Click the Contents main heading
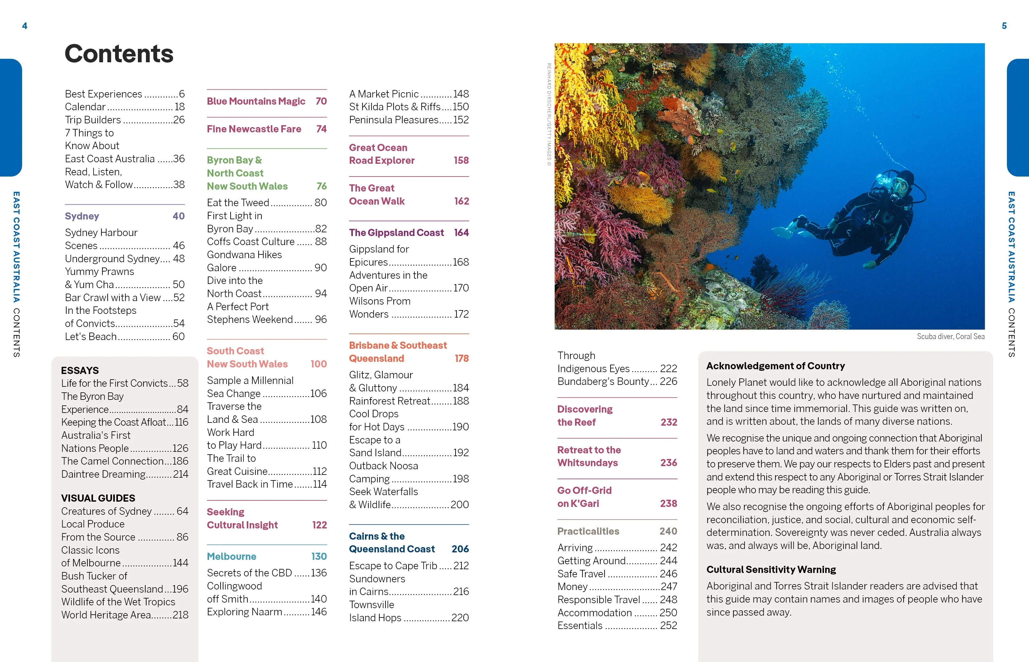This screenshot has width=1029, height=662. pyautogui.click(x=119, y=54)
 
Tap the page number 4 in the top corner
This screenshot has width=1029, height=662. pyautogui.click(x=25, y=26)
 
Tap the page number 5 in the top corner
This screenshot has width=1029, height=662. pyautogui.click(x=1004, y=26)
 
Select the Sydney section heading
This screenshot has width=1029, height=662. pyautogui.click(x=82, y=216)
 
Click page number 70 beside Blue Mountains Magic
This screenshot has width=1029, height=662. pyautogui.click(x=321, y=102)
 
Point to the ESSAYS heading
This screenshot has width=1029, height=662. pyautogui.click(x=80, y=371)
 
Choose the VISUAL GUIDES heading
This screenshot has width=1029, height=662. pyautogui.click(x=98, y=498)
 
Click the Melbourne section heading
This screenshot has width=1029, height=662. pyautogui.click(x=232, y=557)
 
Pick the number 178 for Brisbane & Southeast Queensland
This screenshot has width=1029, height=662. pyautogui.click(x=462, y=358)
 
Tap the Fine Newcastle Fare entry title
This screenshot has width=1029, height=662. pyautogui.click(x=254, y=129)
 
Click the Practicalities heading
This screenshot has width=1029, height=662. pyautogui.click(x=588, y=531)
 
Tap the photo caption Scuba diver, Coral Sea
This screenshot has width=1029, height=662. pyautogui.click(x=950, y=337)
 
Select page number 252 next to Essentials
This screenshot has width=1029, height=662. pyautogui.click(x=668, y=626)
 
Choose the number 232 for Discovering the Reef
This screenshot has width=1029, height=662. pyautogui.click(x=669, y=423)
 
